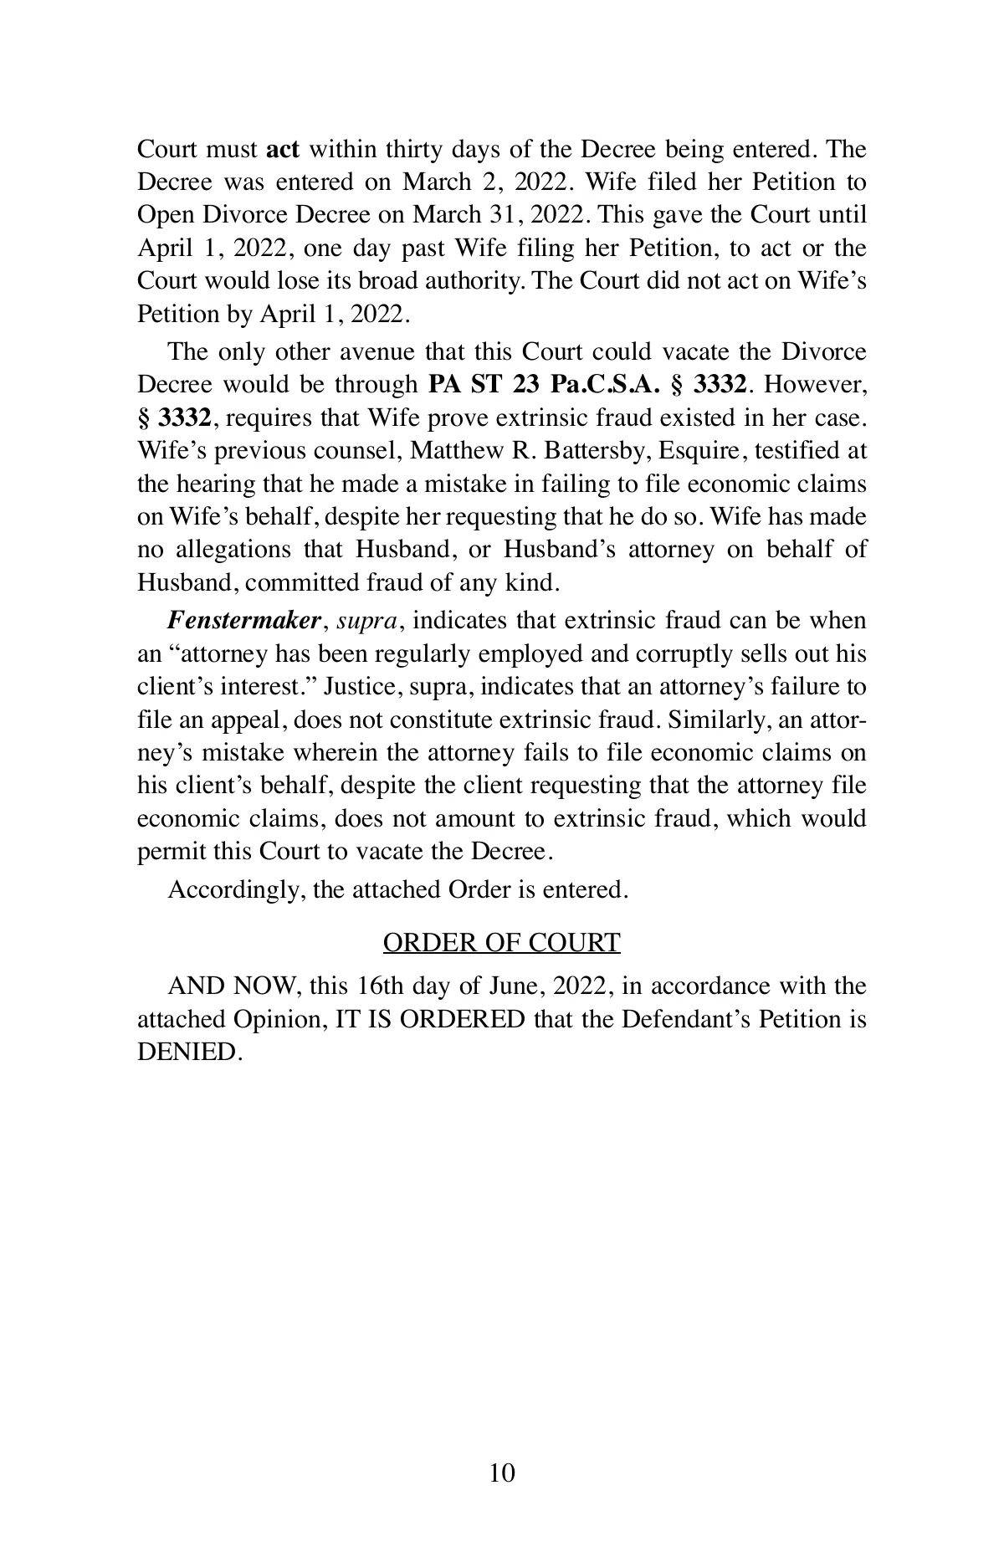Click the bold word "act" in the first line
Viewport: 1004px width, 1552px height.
tap(283, 150)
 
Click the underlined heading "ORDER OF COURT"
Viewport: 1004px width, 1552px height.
tap(501, 943)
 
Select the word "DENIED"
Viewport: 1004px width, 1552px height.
tap(189, 1052)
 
